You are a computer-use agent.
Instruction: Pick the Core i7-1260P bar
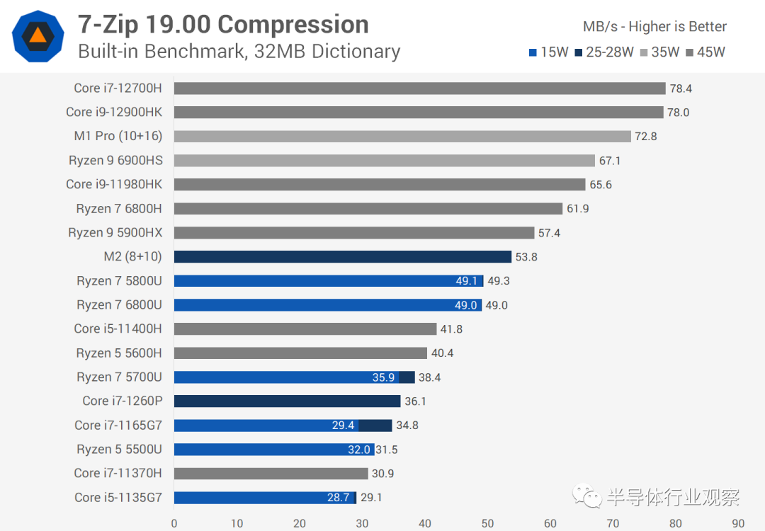pos(287,401)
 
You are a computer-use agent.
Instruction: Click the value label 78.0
pos(678,113)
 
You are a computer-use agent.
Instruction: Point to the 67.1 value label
pos(610,161)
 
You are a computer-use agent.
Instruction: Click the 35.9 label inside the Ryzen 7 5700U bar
pos(383,377)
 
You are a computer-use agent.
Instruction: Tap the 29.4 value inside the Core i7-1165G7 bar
pos(343,426)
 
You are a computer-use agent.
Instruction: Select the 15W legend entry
pos(548,52)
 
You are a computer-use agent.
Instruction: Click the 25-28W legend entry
pos(603,52)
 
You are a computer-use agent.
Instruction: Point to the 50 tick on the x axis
pos(488,524)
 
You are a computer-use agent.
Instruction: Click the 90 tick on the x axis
pos(738,524)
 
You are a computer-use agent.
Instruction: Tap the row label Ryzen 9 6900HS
pos(115,161)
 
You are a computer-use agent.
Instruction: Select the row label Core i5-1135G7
pos(118,498)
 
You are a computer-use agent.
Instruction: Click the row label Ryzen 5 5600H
pos(119,353)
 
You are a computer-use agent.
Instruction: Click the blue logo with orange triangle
pos(38,35)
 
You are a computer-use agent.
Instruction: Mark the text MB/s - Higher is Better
pos(654,27)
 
